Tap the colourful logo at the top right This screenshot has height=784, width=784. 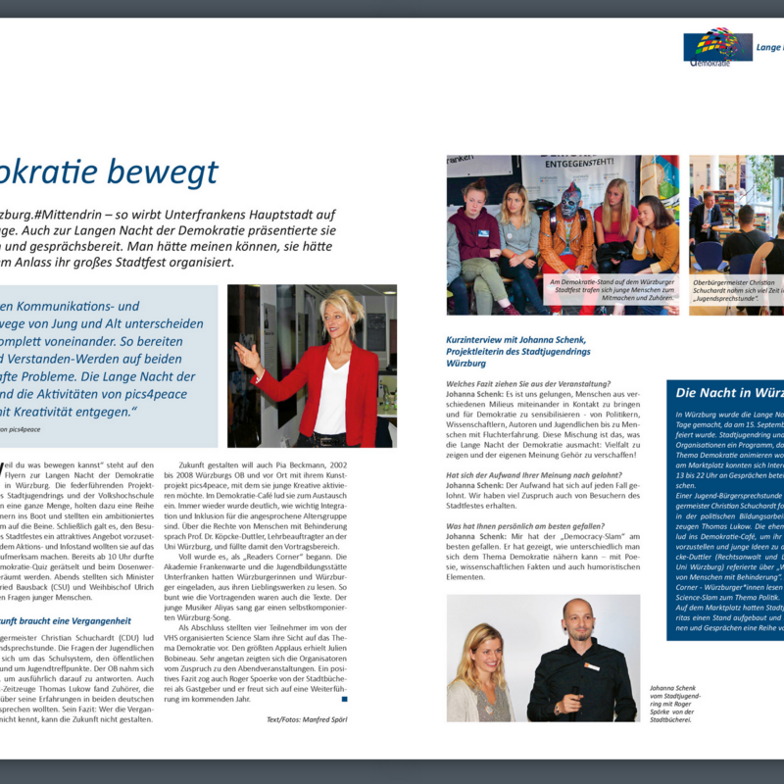(717, 46)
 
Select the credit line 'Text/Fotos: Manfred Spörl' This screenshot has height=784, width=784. (307, 719)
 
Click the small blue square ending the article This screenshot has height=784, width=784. (344, 699)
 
